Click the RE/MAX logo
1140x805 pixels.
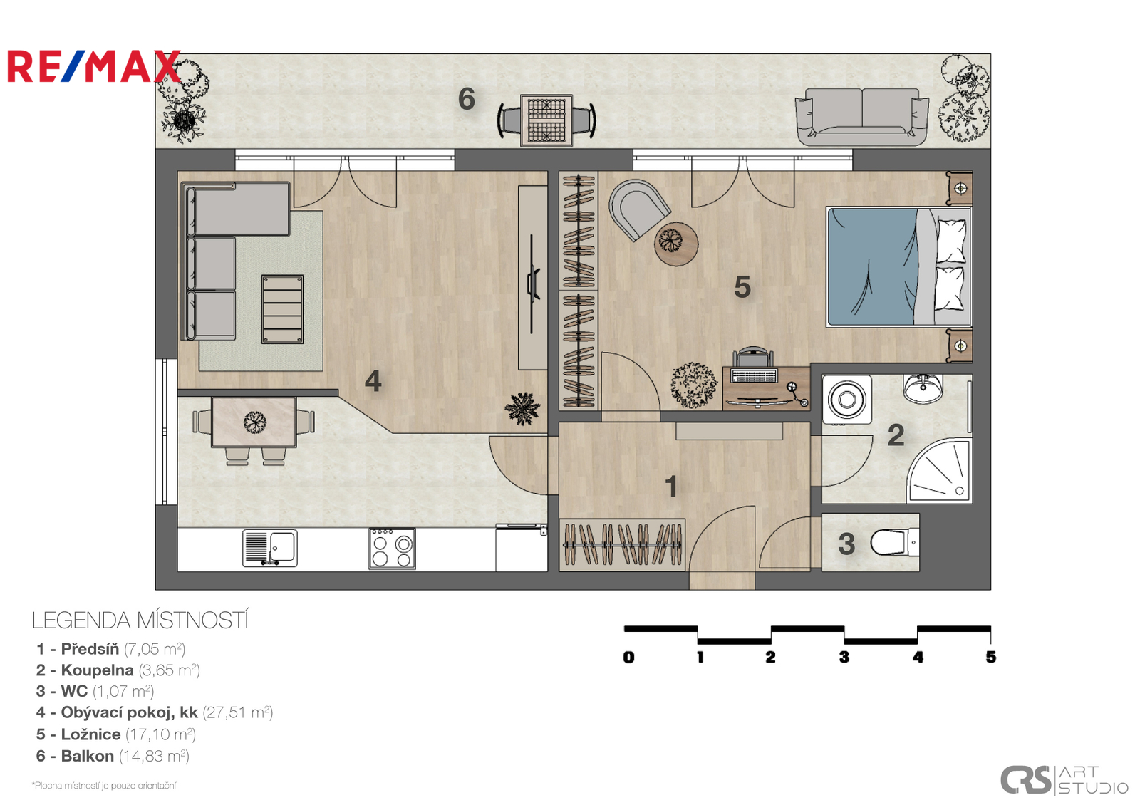pos(93,66)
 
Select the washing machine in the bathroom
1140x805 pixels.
pos(847,400)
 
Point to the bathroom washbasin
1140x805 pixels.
pos(923,388)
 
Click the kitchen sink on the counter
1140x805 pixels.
pos(270,548)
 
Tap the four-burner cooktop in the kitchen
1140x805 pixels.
pos(392,548)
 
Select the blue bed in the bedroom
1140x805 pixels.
pos(898,266)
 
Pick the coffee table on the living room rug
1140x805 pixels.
pos(282,309)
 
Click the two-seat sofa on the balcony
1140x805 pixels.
pos(861,117)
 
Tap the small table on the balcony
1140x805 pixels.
pos(546,120)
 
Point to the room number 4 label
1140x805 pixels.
pos(373,380)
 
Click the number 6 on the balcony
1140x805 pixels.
pos(466,99)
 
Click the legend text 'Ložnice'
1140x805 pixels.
pos(90,734)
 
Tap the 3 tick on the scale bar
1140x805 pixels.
pos(844,657)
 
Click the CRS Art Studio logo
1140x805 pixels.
pos(1064,780)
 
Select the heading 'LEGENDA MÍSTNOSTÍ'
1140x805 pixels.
pos(140,620)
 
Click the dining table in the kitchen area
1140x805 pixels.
pos(254,422)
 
